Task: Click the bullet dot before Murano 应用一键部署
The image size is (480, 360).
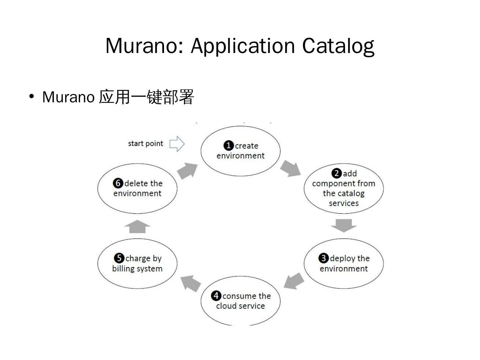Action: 32,97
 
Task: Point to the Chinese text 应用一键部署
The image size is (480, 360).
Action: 146,97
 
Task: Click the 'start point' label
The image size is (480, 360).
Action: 145,143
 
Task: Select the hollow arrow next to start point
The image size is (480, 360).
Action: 177,144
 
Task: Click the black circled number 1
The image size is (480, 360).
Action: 228,146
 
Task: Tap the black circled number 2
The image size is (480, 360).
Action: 336,173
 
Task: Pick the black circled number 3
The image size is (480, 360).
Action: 323,258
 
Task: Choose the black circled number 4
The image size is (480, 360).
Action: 216,296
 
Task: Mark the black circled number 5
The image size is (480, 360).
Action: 119,258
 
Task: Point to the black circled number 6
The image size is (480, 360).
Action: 118,183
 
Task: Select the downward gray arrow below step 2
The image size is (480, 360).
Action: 344,225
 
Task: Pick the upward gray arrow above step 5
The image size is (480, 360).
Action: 137,226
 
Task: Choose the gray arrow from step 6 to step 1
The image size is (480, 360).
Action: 187,171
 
